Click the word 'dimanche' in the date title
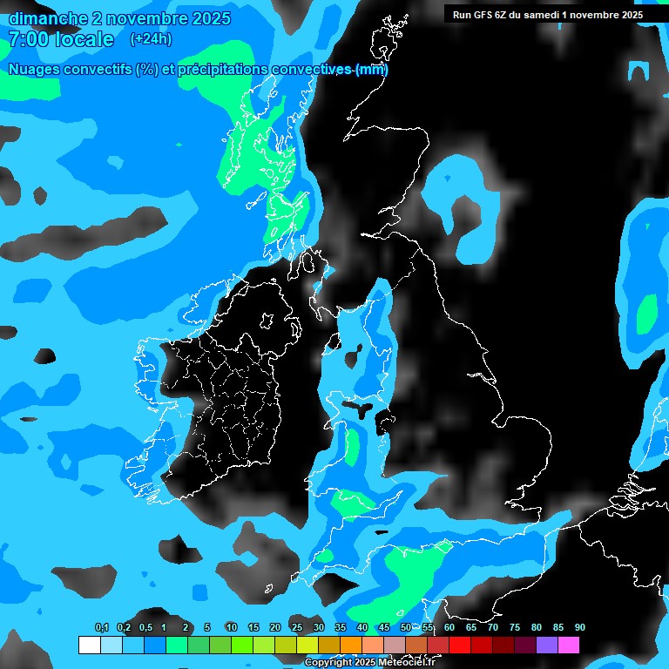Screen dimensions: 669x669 click(x=48, y=18)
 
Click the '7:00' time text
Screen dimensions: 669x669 click(x=30, y=39)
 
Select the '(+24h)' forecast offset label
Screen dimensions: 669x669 click(x=151, y=39)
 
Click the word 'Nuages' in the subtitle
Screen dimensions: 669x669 click(x=36, y=70)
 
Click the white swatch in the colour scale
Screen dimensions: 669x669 click(x=89, y=645)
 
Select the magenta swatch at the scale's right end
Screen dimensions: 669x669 click(x=569, y=645)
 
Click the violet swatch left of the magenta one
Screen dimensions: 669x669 click(x=547, y=645)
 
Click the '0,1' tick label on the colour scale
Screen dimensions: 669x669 click(x=101, y=628)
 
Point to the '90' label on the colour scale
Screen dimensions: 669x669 click(x=579, y=628)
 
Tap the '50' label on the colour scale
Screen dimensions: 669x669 click(x=406, y=628)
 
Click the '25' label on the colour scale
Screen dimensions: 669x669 click(x=297, y=628)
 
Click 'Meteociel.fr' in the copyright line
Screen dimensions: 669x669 click(x=406, y=663)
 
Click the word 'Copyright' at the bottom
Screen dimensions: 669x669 click(x=328, y=663)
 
